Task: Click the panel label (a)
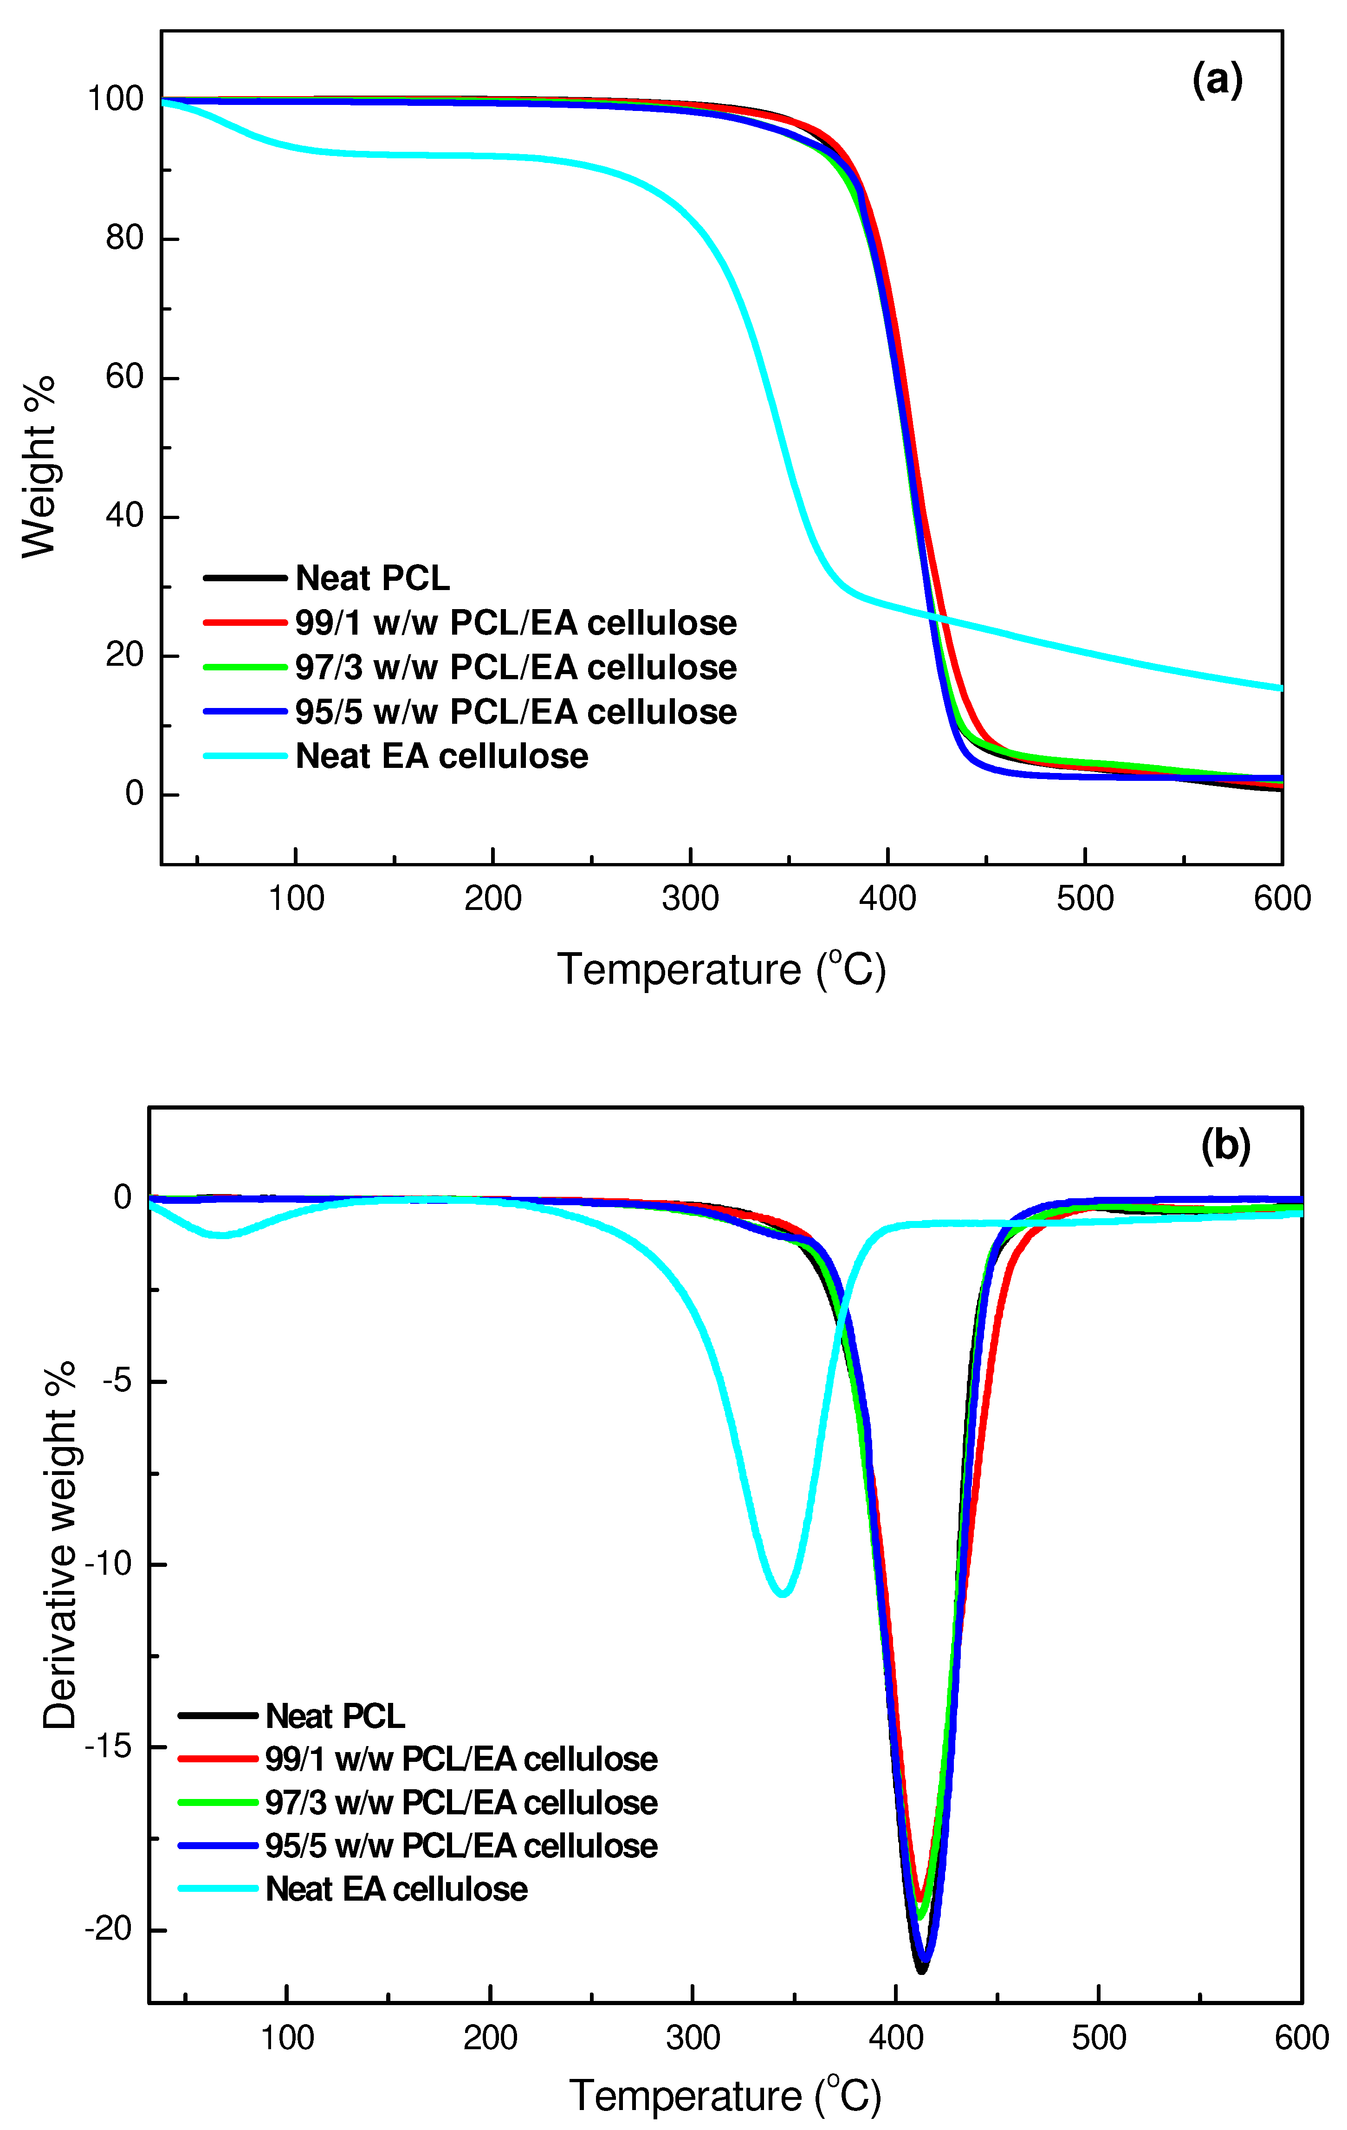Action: coord(1217,80)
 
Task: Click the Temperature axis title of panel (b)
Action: coord(725,2096)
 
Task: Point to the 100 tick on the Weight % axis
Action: coord(115,99)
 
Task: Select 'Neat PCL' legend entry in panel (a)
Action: coord(371,578)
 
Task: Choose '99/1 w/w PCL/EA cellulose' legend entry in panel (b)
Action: coord(460,1759)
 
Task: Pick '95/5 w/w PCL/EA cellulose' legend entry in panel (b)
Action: coord(460,1845)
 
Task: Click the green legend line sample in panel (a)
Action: coord(245,667)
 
